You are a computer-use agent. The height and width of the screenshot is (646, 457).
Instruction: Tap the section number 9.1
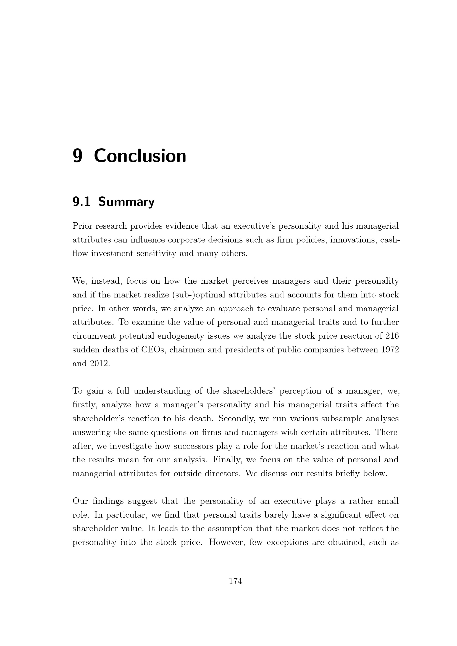[x=81, y=202]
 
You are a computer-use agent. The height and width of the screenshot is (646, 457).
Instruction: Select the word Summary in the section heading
[x=126, y=202]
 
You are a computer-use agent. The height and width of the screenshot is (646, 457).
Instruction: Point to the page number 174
[x=235, y=581]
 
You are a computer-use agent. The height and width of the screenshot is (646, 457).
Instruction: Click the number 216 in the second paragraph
[x=392, y=336]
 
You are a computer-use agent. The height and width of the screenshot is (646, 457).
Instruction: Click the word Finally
[x=227, y=460]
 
